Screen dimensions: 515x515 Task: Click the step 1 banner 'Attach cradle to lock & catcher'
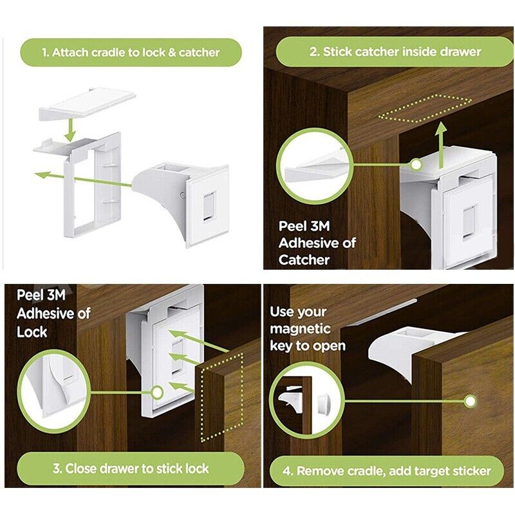click(131, 52)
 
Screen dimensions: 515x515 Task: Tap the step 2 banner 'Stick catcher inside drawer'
click(395, 51)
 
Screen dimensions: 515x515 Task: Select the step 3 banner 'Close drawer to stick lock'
click(131, 468)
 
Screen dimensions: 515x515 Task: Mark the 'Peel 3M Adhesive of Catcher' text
click(317, 243)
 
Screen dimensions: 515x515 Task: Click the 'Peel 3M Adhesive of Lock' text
click(53, 314)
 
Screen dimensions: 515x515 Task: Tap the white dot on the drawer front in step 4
click(471, 401)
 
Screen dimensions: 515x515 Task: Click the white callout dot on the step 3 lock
click(158, 391)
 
